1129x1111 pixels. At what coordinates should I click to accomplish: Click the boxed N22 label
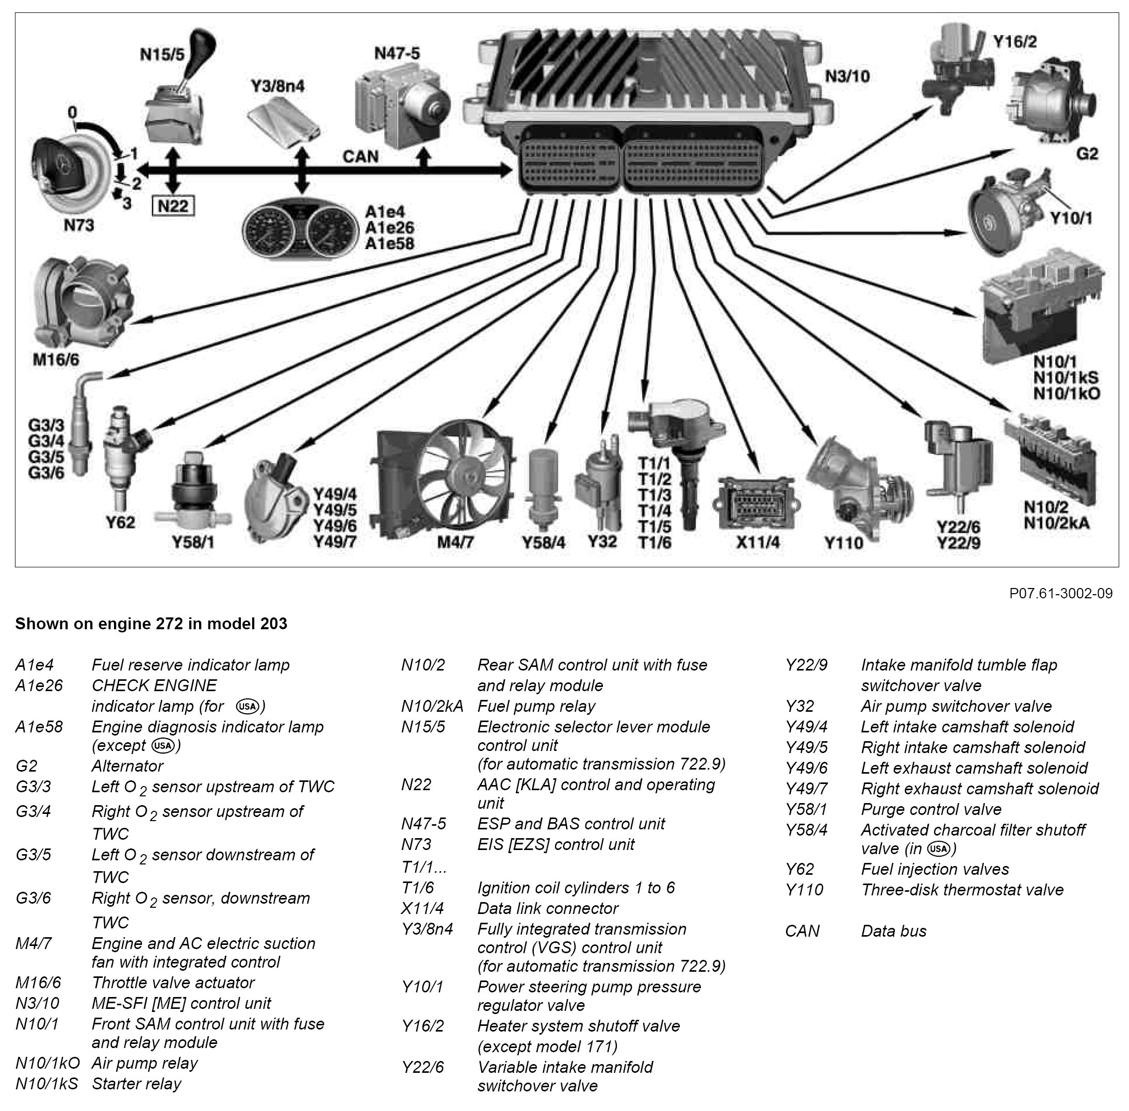[x=173, y=206]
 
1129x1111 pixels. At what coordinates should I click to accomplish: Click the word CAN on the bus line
[x=360, y=156]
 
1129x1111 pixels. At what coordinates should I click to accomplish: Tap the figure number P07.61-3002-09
[x=1061, y=594]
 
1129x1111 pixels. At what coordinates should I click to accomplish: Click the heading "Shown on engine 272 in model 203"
[x=151, y=624]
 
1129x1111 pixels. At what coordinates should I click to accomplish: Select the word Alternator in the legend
[x=127, y=765]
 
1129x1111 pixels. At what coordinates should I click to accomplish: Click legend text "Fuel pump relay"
[x=536, y=706]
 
